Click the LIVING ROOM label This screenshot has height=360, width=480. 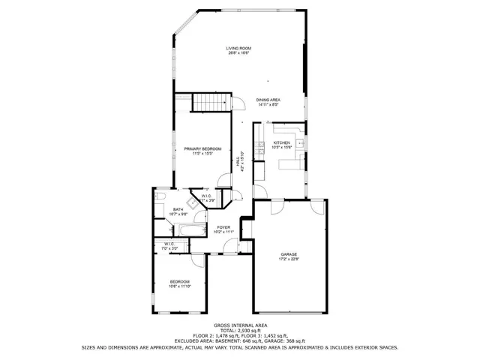click(x=238, y=49)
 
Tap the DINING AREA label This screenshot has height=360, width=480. click(x=268, y=100)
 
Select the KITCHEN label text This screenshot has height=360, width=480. click(x=281, y=142)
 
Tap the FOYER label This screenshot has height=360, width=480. click(x=223, y=226)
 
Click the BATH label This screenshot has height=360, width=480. click(x=178, y=210)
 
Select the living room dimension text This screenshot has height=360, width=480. click(x=238, y=53)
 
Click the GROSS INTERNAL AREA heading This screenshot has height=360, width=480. click(x=240, y=324)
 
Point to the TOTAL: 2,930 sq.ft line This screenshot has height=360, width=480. click(x=240, y=329)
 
